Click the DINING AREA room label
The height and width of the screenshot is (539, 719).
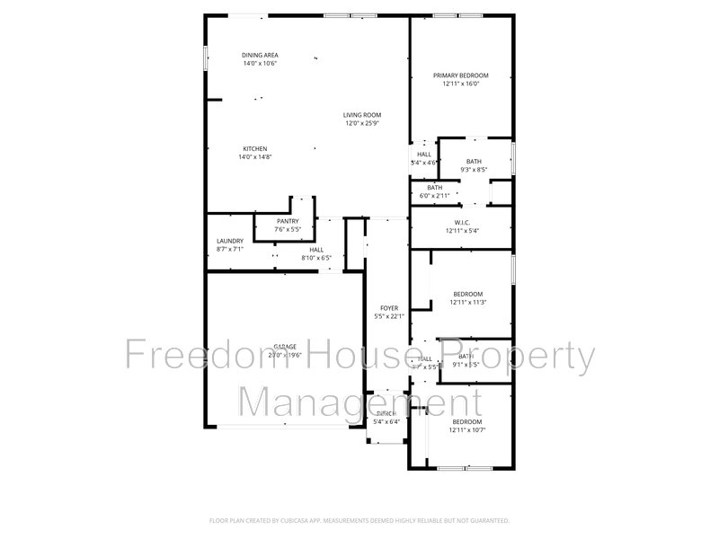(x=259, y=55)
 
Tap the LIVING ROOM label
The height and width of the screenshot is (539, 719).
(x=363, y=114)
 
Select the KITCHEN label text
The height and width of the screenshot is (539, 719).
(x=254, y=148)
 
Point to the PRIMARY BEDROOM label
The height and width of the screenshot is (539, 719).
(x=461, y=75)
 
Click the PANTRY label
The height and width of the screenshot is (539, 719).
(x=288, y=221)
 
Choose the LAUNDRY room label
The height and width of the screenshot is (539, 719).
(x=230, y=241)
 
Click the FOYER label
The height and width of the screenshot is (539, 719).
(x=388, y=307)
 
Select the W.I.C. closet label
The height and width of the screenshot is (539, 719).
(x=462, y=222)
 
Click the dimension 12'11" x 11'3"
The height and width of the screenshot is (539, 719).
(x=467, y=302)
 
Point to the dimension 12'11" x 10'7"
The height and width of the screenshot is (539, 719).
(x=467, y=429)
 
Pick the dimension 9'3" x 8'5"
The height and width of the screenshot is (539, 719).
(x=474, y=169)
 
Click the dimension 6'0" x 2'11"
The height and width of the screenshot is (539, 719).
(x=434, y=196)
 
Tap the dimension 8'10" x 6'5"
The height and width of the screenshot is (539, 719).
(x=316, y=258)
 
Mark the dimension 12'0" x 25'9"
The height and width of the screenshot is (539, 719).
(x=363, y=122)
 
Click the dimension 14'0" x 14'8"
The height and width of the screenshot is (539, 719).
(x=254, y=156)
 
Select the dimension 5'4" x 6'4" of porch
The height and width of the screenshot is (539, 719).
(x=387, y=421)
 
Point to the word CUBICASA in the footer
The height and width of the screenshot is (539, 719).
(x=311, y=520)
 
